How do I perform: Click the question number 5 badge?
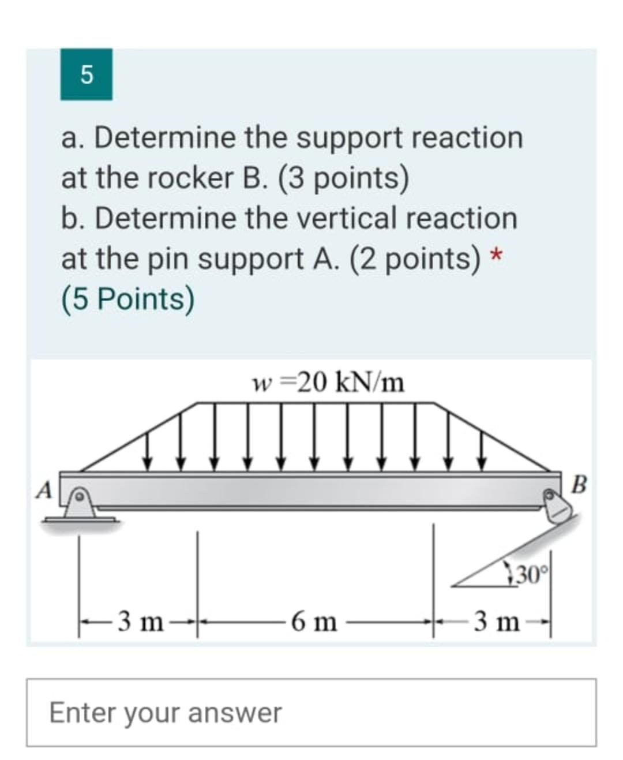(x=86, y=74)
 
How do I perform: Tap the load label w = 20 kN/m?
(x=329, y=381)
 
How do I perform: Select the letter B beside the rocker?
(x=580, y=485)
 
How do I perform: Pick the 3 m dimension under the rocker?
(x=496, y=622)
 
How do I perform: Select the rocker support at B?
(x=557, y=506)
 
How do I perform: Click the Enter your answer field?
(x=311, y=713)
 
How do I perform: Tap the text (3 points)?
(x=344, y=178)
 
